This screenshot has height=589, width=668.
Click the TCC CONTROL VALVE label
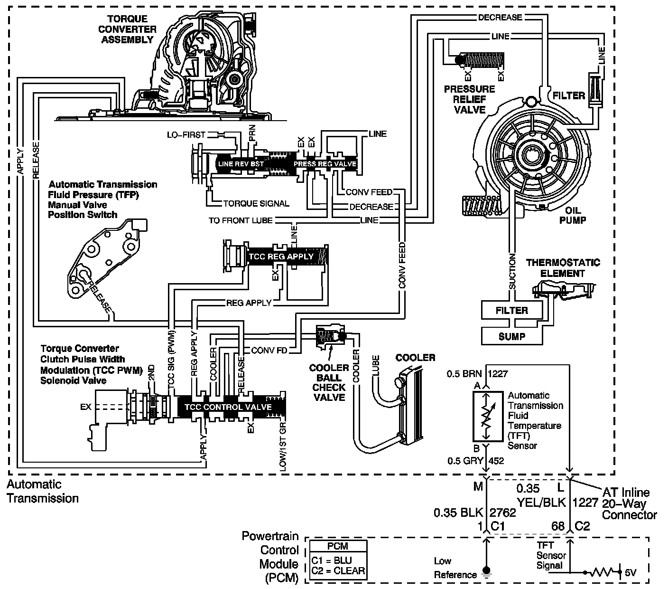point(228,407)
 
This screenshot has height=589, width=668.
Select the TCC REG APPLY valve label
point(281,256)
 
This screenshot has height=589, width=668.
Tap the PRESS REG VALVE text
point(325,164)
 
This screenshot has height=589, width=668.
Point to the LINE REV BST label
point(241,164)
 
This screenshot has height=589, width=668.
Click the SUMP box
point(511,336)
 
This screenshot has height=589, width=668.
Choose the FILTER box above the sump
point(511,311)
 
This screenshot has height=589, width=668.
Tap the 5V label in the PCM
point(630,573)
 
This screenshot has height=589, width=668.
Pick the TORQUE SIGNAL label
point(256,204)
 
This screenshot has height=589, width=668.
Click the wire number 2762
point(502,513)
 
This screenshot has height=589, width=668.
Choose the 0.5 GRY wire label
point(465,460)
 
